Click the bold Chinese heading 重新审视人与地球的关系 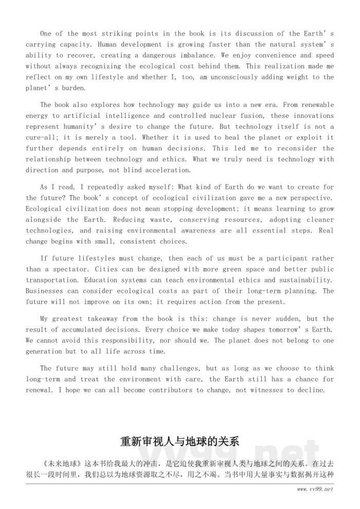coord(179,442)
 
